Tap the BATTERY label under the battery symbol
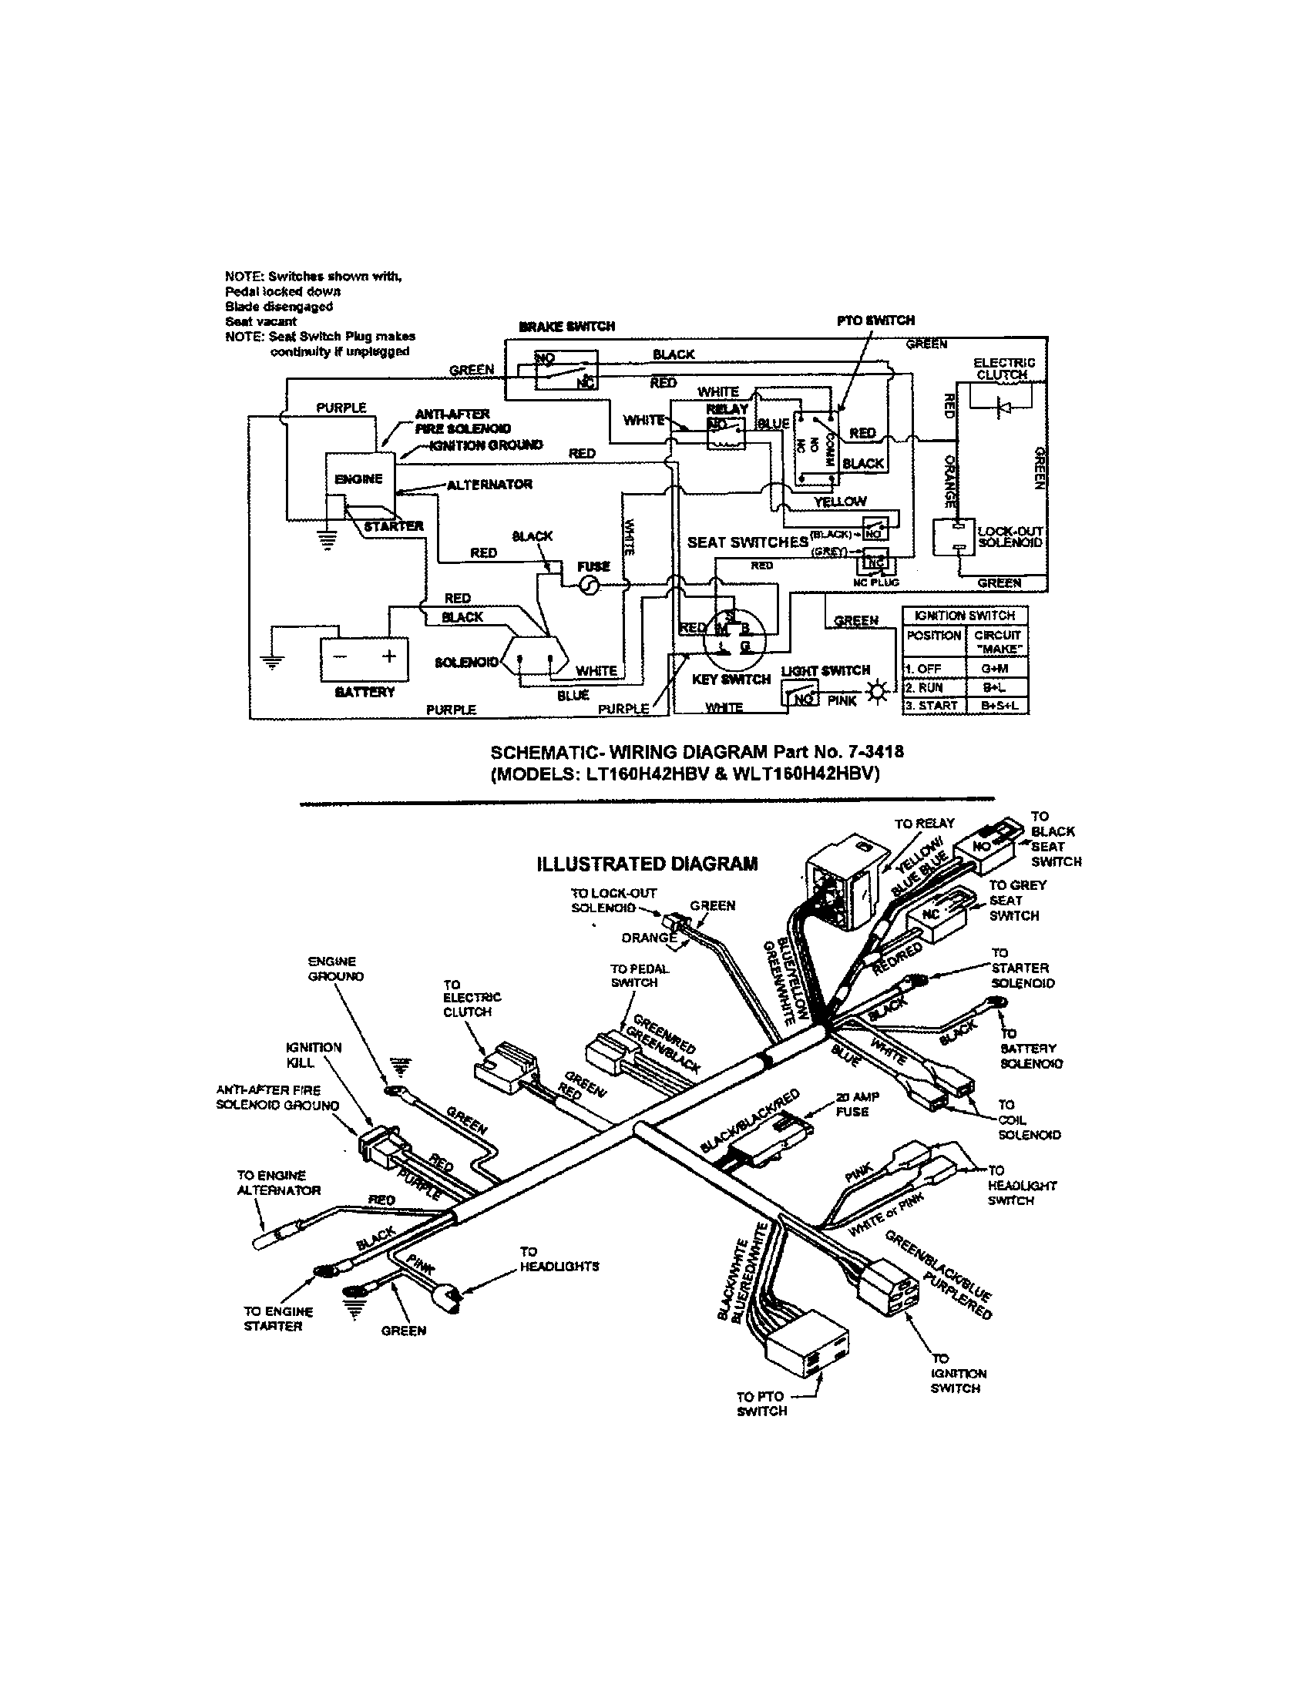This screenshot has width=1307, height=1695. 364,693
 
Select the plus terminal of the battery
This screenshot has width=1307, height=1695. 389,656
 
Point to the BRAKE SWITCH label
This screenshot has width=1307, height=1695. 566,327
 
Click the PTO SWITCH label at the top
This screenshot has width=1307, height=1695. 875,320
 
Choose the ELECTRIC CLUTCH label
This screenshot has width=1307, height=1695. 1003,368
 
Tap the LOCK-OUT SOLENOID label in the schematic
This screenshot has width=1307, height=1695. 1010,536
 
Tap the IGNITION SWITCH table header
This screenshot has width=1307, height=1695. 965,616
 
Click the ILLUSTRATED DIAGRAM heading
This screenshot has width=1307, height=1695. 647,864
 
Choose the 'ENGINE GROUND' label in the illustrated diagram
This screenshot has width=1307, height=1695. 334,968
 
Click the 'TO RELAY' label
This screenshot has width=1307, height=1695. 923,824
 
